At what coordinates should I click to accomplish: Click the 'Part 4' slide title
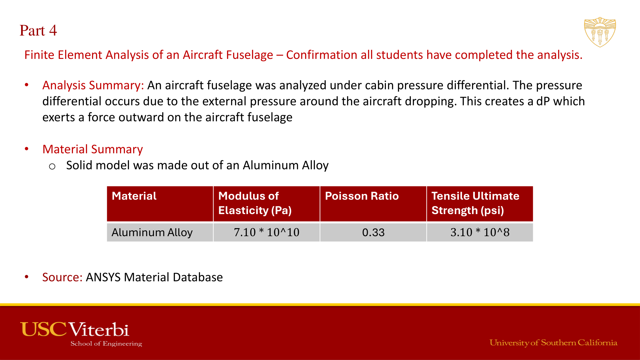(38, 30)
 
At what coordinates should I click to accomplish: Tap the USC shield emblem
(600, 32)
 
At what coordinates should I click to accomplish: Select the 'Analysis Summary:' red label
(93, 85)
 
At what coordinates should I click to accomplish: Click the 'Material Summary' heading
(92, 149)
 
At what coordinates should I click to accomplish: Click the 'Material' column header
(134, 196)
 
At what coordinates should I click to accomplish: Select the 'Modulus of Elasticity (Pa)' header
(255, 203)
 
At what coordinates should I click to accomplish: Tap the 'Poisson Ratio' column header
(362, 196)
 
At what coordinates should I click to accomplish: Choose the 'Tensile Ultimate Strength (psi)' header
(475, 203)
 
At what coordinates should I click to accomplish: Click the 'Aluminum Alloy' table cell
(152, 232)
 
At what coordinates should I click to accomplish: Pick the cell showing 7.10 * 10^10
(267, 232)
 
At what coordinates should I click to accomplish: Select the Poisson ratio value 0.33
(373, 232)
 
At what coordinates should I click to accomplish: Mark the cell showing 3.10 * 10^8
(480, 232)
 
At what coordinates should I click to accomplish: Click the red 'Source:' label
(62, 277)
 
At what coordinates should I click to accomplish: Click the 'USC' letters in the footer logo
(44, 330)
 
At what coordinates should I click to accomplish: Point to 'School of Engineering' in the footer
(106, 344)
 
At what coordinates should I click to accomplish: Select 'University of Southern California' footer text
(553, 343)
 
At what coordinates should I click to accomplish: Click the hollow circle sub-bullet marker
(52, 166)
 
